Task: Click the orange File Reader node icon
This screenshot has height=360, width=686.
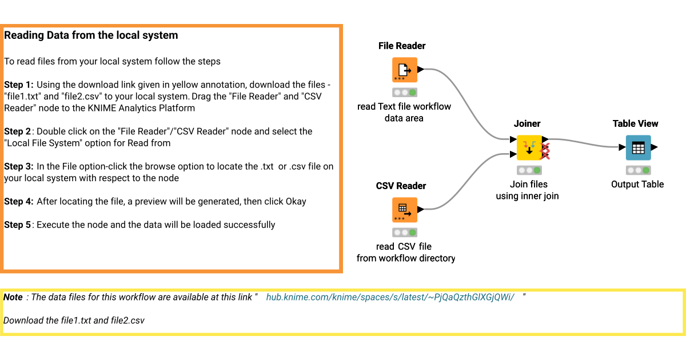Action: [x=405, y=70]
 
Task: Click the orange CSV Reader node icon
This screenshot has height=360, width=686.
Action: [x=405, y=210]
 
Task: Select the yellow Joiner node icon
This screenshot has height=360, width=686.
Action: [x=529, y=147]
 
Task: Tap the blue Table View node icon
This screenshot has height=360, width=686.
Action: [x=638, y=147]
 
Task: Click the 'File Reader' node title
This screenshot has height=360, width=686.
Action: [x=402, y=46]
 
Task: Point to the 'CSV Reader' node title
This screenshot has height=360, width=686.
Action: [x=401, y=186]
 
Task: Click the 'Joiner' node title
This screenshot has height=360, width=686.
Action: [x=527, y=123]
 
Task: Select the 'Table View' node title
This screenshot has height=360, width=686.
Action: [x=635, y=123]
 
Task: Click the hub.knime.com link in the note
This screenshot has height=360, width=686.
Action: [x=390, y=297]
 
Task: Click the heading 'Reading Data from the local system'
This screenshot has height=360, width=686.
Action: [x=91, y=35]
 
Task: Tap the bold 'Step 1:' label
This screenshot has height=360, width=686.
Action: [x=19, y=85]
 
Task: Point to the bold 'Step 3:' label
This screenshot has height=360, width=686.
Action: [x=19, y=166]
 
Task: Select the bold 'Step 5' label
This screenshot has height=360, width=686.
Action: [x=18, y=225]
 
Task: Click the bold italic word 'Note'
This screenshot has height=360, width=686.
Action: [x=13, y=297]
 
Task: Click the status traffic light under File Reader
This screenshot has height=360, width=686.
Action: [x=405, y=93]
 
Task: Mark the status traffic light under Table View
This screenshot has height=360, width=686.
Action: [x=638, y=170]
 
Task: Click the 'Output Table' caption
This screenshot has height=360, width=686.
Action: [x=637, y=184]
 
